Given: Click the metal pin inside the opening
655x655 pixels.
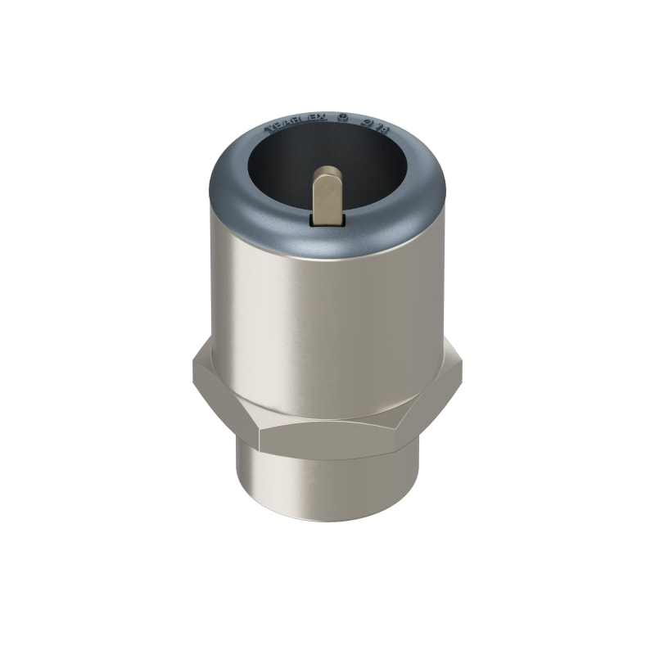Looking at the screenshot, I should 328,196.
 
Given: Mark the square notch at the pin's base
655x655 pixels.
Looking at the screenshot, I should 328,220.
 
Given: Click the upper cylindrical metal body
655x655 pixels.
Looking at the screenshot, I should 327,319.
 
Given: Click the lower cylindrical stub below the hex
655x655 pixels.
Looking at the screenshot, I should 327,491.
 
